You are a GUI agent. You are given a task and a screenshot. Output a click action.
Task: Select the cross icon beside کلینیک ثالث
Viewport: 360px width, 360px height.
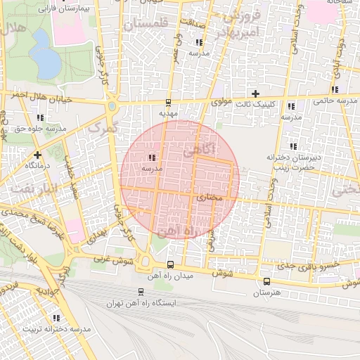coord(255,94)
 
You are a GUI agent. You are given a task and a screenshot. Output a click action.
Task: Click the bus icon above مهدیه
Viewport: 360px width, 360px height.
coord(167,102)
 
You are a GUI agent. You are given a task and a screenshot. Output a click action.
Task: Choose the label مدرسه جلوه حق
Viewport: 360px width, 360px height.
coord(40,129)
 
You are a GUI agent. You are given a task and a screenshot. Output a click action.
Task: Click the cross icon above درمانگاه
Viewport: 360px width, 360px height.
coord(37,155)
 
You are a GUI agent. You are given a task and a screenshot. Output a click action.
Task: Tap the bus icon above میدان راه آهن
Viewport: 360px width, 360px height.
coord(170,265)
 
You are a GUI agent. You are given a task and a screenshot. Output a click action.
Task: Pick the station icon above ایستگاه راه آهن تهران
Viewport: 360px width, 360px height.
coord(141,292)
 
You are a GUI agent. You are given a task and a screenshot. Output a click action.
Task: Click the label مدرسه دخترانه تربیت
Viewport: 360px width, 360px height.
coord(58,329)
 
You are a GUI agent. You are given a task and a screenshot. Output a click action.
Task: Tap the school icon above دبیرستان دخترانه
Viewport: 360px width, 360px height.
coord(293,146)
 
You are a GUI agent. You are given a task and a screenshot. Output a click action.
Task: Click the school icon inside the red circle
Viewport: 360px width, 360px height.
coord(152,157)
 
